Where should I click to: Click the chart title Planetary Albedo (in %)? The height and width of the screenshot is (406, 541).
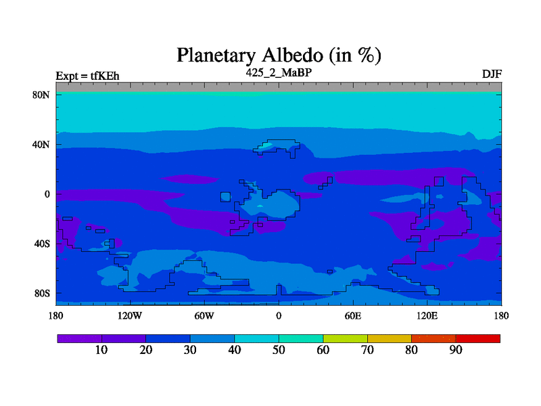(x=279, y=55)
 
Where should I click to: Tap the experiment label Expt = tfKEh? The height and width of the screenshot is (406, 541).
(x=87, y=76)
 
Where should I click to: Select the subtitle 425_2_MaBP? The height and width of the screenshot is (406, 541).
(x=279, y=72)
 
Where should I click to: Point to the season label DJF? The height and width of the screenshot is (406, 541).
(x=492, y=74)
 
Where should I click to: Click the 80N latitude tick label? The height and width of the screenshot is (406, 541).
(x=41, y=95)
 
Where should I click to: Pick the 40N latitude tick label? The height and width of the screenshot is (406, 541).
(x=41, y=144)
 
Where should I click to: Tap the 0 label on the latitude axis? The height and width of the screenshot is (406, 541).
(x=47, y=194)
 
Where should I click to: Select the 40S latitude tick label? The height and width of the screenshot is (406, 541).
(x=42, y=244)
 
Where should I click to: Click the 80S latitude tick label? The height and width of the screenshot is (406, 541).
(x=42, y=294)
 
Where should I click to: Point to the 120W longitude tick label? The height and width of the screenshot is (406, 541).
(x=130, y=315)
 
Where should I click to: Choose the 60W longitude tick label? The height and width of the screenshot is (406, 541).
(x=204, y=315)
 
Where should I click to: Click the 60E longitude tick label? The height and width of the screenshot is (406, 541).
(x=353, y=315)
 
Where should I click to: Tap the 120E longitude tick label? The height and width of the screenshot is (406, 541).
(x=427, y=315)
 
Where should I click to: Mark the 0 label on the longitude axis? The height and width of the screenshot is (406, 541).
(x=279, y=315)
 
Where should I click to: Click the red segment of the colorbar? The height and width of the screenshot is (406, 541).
(x=478, y=339)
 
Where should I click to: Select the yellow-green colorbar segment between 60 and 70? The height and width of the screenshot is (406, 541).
(x=345, y=339)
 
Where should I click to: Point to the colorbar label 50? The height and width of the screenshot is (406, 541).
(x=279, y=350)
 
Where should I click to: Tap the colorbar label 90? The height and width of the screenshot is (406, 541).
(x=456, y=350)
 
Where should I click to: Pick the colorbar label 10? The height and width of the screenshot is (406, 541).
(x=101, y=350)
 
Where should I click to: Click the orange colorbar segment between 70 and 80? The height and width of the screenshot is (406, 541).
(x=390, y=339)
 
